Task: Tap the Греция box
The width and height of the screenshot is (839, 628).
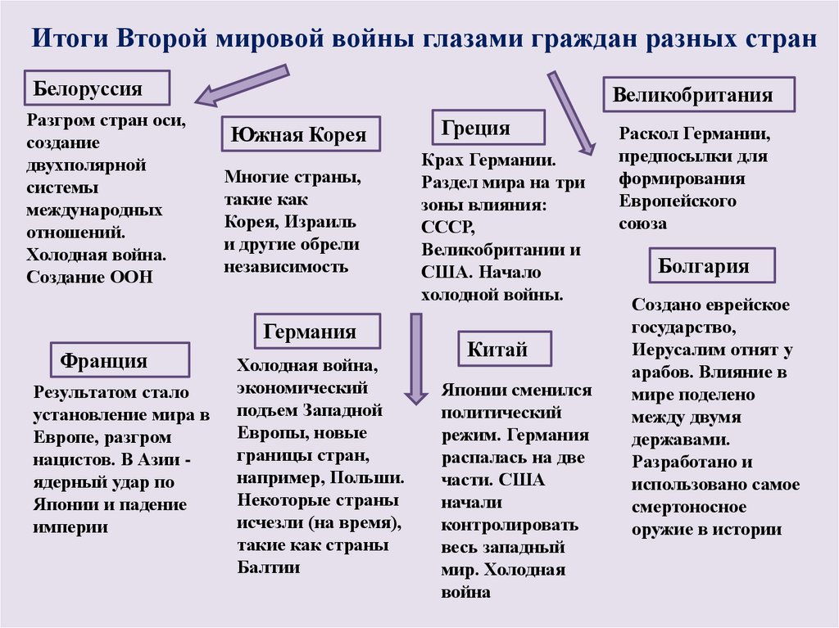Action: pos(487,128)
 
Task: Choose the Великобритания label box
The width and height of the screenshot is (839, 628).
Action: pos(698,95)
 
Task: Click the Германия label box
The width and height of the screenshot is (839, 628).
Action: pos(317,331)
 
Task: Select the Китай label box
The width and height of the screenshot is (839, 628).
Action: pos(504,350)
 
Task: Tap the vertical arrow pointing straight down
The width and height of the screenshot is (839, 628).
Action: pos(416,360)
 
